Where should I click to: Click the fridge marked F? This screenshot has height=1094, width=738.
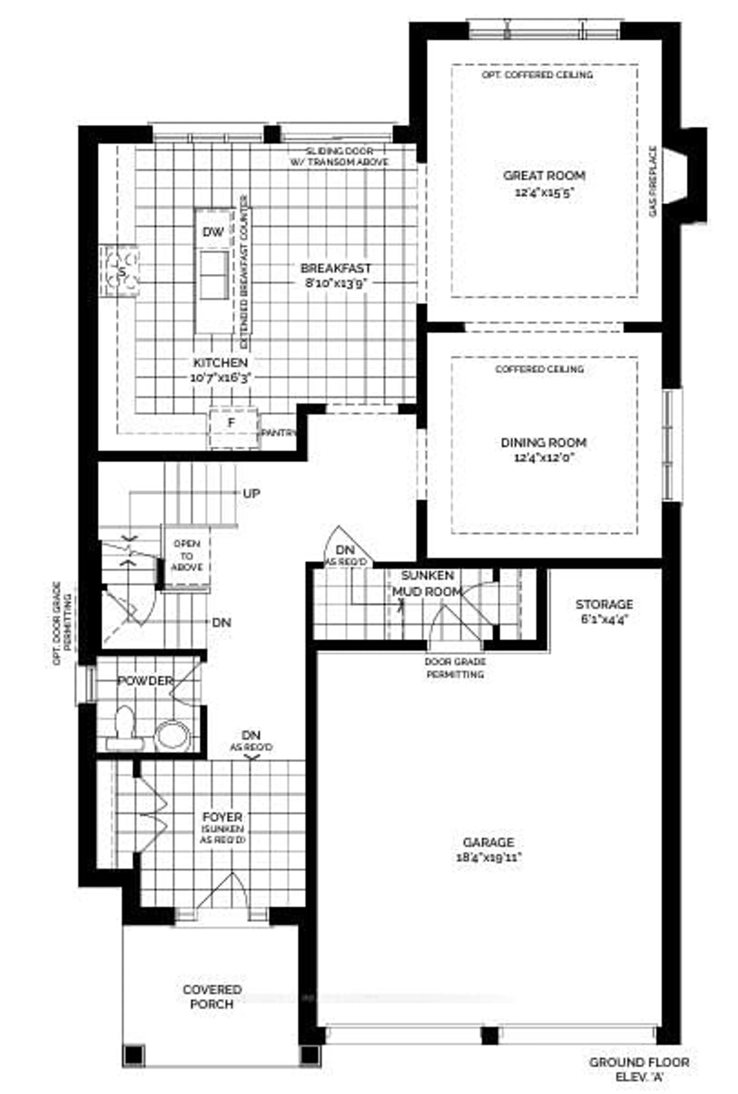pyautogui.click(x=232, y=422)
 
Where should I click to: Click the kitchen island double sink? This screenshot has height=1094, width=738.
pyautogui.click(x=214, y=275)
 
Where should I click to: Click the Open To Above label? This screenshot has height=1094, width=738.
pyautogui.click(x=187, y=555)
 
